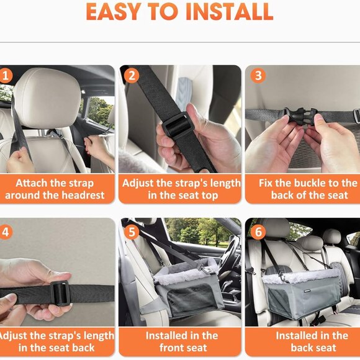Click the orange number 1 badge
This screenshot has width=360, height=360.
(x=5, y=76)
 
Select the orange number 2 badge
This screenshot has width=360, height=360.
(x=132, y=76)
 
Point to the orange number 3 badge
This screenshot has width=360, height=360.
(x=258, y=76)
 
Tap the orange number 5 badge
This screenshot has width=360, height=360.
(x=132, y=232)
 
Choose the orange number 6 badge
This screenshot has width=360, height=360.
(x=258, y=232)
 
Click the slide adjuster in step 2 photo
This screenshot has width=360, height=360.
(x=178, y=125)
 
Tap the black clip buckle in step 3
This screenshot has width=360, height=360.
(x=300, y=116)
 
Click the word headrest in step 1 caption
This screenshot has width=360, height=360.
(x=83, y=195)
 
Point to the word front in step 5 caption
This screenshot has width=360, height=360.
(x=171, y=348)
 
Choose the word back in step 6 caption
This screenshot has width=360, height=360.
(x=302, y=348)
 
